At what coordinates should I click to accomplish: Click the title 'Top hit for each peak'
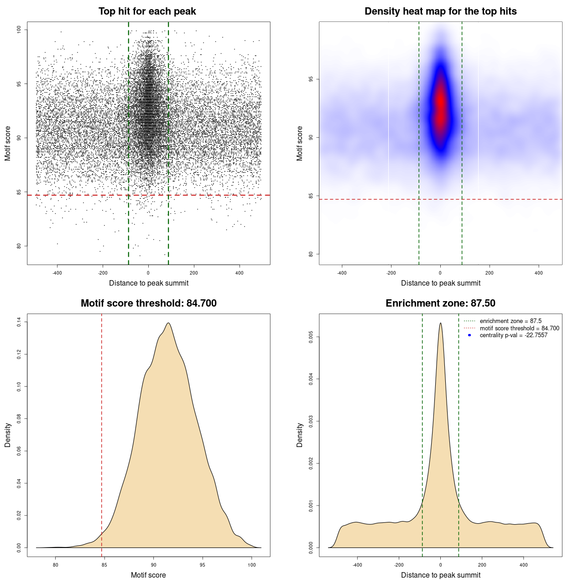point(147,11)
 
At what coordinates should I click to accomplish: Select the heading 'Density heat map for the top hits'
point(440,11)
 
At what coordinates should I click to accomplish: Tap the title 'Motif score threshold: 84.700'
point(148,303)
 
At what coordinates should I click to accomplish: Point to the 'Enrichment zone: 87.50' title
point(440,303)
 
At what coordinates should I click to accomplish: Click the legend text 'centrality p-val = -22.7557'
point(513,335)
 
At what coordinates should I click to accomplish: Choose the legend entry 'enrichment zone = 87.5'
point(511,321)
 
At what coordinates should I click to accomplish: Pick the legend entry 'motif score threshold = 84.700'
point(519,328)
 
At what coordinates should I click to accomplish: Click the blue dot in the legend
point(469,335)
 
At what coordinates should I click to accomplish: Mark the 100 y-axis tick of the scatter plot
point(19,30)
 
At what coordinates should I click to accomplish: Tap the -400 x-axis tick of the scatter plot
point(57,273)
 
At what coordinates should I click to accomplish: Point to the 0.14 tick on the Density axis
point(19,323)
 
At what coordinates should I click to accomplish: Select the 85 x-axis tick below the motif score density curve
point(104,565)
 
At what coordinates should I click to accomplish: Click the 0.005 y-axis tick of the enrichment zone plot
point(311,337)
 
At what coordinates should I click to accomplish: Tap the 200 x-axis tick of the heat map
point(490,273)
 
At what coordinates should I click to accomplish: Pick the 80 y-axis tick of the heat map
point(311,254)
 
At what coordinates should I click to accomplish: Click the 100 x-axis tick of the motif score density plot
point(252,565)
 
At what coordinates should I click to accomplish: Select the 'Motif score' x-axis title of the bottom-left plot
point(148,575)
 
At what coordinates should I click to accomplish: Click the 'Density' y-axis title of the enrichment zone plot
point(300,435)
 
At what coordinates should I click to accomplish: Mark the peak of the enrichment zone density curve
point(440,323)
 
